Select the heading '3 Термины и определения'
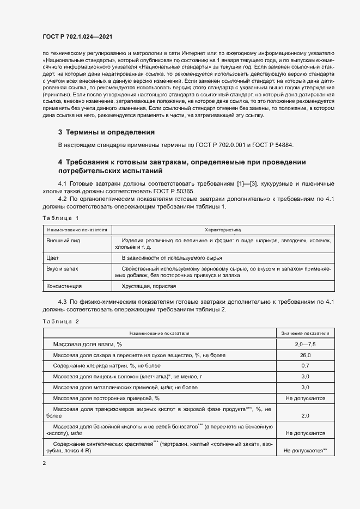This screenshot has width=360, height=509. (106, 132)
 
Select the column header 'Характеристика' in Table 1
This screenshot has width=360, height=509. (222, 230)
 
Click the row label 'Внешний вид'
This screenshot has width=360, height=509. (63, 241)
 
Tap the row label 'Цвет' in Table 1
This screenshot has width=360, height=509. (53, 257)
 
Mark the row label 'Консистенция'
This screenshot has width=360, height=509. (64, 286)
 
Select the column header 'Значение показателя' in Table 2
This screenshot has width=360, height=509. (305, 333)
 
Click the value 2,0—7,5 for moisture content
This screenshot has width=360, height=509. (305, 345)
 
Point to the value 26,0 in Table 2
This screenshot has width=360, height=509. (305, 355)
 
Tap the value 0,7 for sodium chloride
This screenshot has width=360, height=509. (305, 366)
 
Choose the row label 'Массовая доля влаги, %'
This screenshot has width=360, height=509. (87, 345)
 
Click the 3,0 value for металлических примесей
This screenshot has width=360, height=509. (305, 387)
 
